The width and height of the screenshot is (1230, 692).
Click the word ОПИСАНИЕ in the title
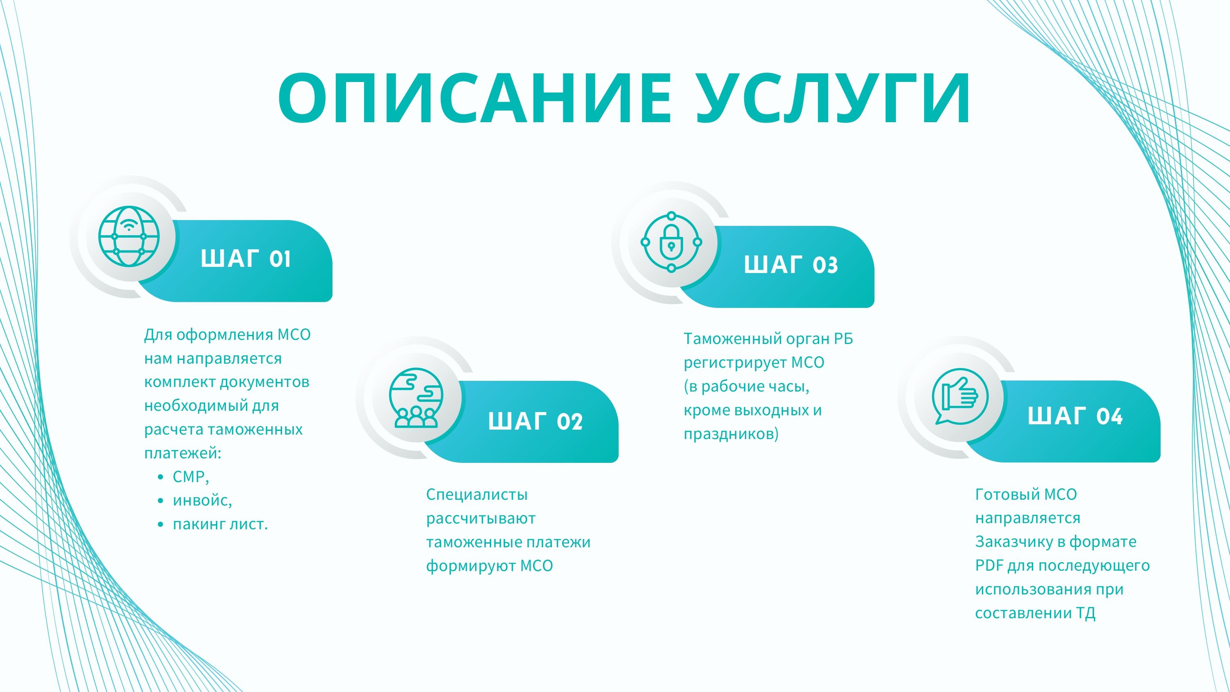click(x=475, y=98)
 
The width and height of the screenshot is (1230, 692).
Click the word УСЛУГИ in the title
click(x=833, y=98)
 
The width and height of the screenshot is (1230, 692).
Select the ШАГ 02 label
click(x=535, y=421)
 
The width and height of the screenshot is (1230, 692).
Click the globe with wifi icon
click(x=129, y=237)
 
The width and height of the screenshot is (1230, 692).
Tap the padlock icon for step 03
click(x=671, y=242)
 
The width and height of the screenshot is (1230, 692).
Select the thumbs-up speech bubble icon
click(x=960, y=396)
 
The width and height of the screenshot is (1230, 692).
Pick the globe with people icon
click(x=416, y=397)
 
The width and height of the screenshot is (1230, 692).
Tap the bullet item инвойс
click(x=202, y=501)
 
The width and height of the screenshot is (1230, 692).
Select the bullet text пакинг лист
click(x=220, y=524)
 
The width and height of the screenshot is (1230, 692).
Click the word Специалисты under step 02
click(x=476, y=494)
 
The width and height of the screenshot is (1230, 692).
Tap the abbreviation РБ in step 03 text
click(x=843, y=339)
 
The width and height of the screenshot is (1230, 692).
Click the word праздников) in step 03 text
click(x=731, y=434)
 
